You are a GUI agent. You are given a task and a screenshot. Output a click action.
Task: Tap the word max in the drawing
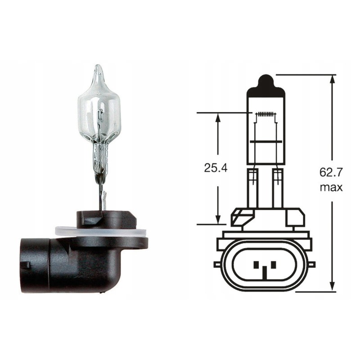[x=331, y=187]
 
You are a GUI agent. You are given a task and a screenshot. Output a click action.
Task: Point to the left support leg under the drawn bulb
[x=252, y=184]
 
